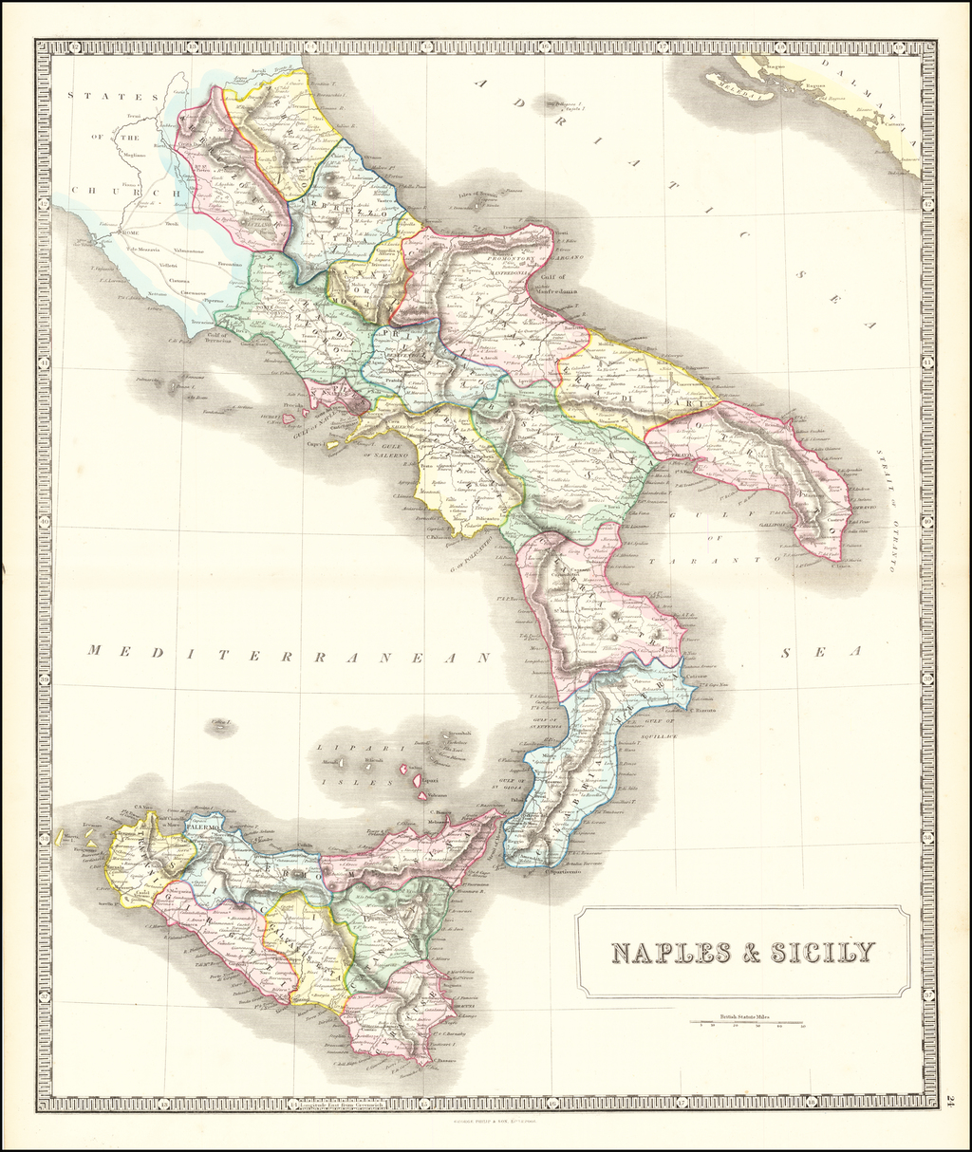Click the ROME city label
point(127,232)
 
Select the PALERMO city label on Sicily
point(202,827)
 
